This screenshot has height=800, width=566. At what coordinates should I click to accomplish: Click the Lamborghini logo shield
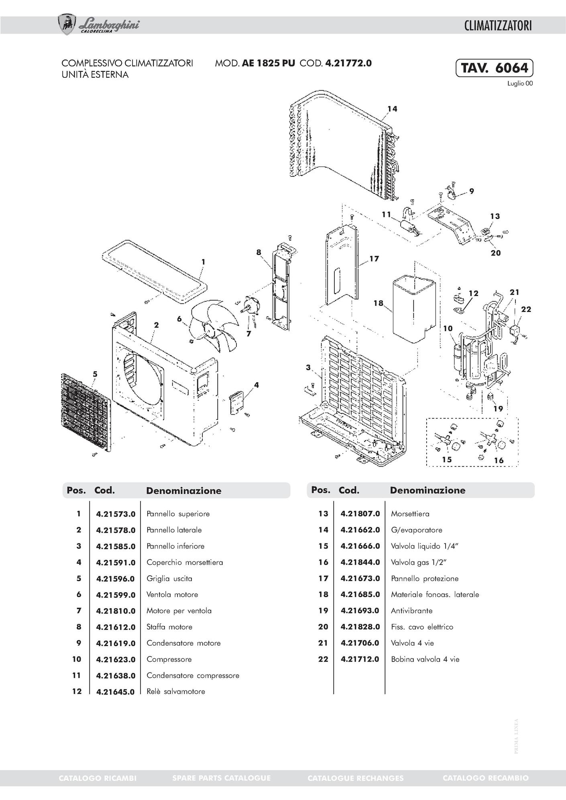67,24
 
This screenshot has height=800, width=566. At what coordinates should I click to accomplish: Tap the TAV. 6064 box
494,68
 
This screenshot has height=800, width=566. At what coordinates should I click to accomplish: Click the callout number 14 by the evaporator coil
392,109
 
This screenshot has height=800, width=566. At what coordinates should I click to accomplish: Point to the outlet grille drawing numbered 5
85,412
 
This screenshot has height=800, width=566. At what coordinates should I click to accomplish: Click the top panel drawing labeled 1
155,269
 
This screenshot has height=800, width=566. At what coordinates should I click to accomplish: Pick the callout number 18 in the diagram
378,303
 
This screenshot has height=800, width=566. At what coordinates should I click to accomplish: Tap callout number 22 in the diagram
526,309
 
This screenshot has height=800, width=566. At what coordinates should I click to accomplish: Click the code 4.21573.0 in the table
116,514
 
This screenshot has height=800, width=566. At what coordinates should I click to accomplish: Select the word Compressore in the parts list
169,659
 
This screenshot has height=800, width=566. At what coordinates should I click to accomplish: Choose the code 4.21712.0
360,659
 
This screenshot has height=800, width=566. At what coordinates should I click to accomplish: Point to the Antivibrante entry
411,611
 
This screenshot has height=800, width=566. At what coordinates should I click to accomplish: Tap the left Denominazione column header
183,491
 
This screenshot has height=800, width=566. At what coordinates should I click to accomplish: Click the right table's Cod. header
349,490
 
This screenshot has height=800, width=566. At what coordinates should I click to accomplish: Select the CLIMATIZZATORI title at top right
498,26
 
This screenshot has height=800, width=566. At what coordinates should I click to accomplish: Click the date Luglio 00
520,84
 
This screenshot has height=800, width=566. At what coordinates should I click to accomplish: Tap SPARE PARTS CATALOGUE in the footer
221,778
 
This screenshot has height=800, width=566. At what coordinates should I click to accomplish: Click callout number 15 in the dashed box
447,460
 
